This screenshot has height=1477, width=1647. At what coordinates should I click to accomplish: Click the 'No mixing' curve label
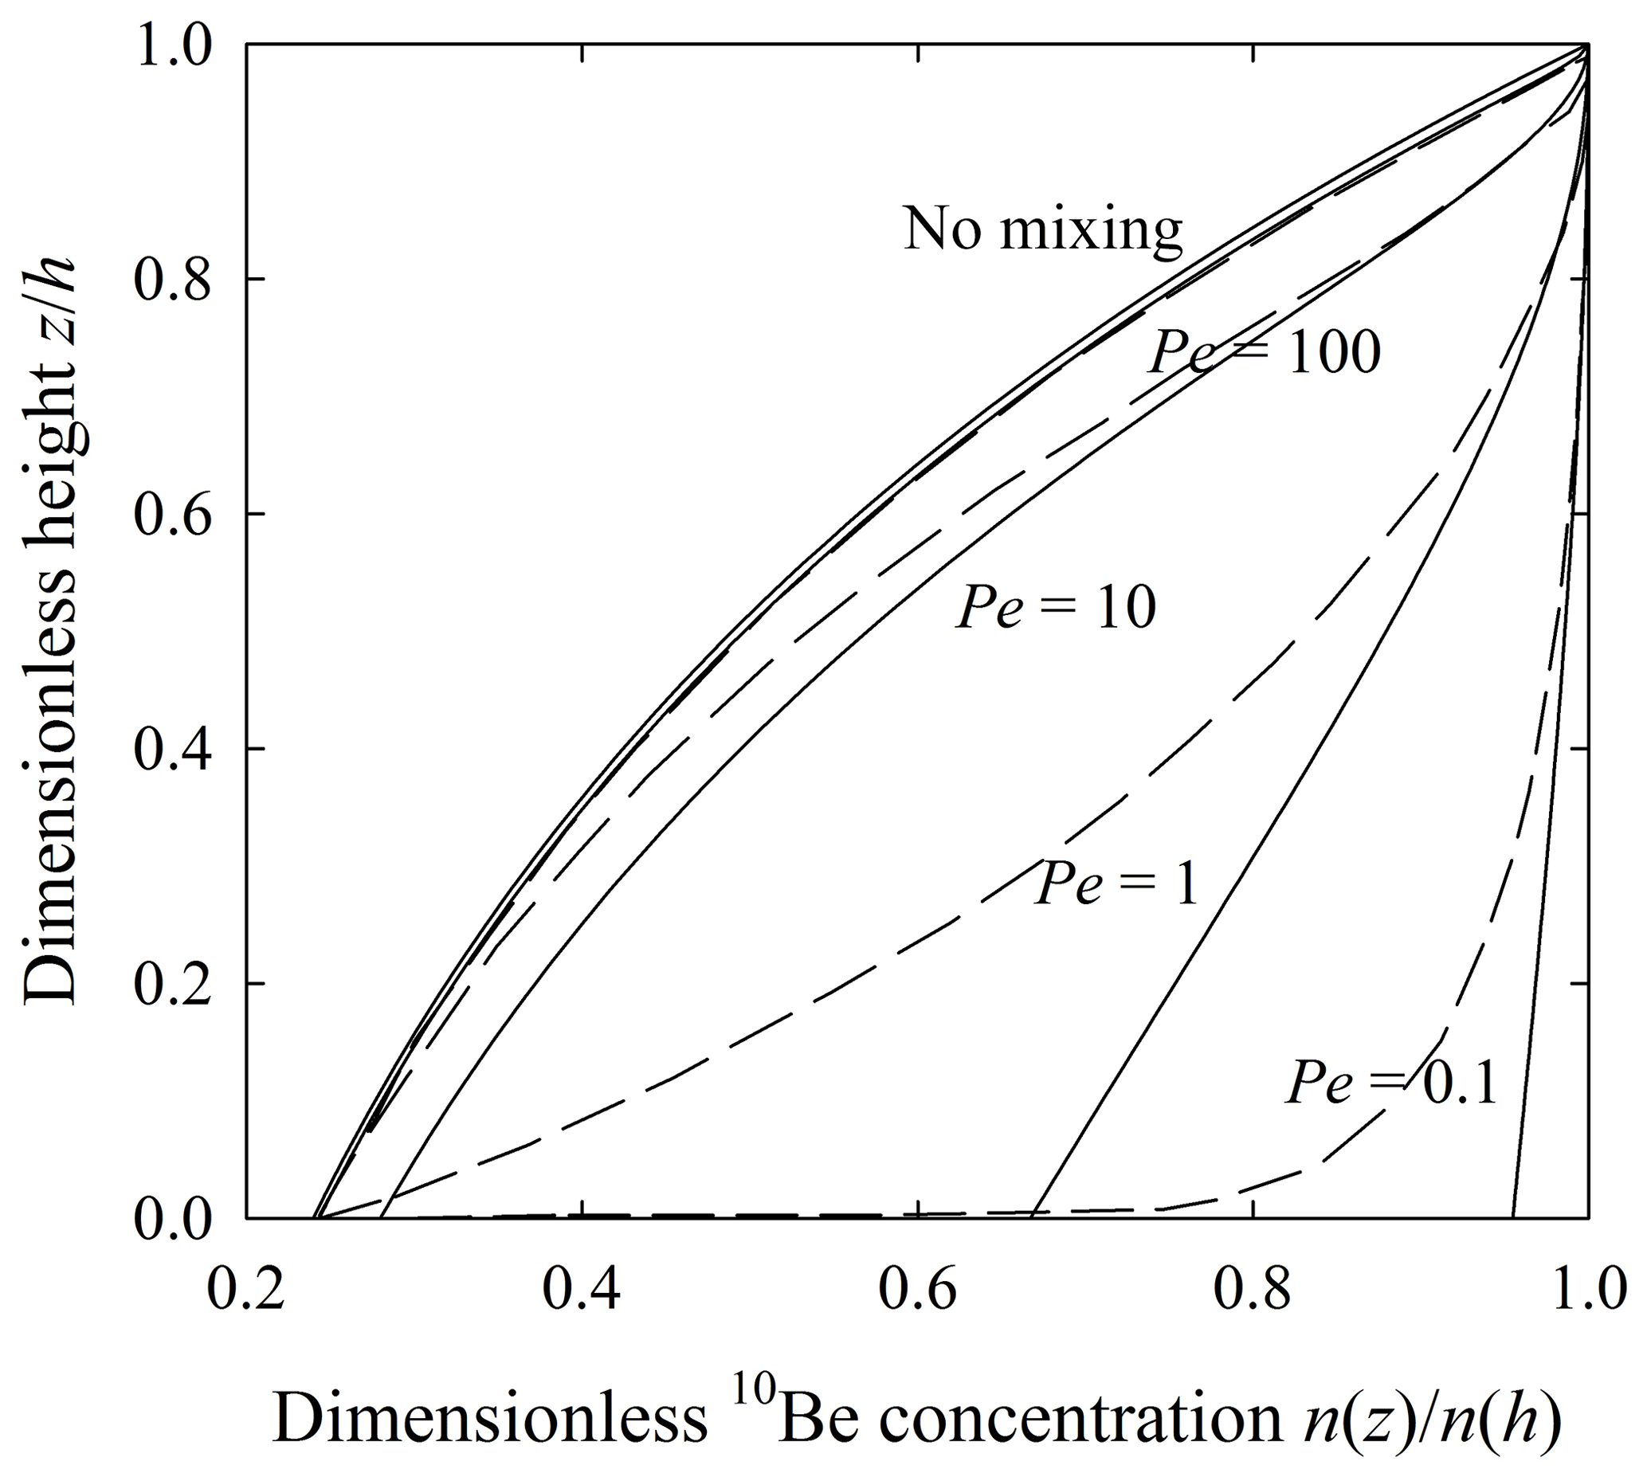1042,229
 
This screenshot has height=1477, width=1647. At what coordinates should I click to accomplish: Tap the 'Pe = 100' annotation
1264,352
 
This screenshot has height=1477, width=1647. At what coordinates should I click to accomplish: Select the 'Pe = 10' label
1055,608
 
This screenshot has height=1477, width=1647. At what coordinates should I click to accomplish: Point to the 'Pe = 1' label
1117,883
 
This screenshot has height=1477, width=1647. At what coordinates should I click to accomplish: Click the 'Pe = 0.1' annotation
1390,1083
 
